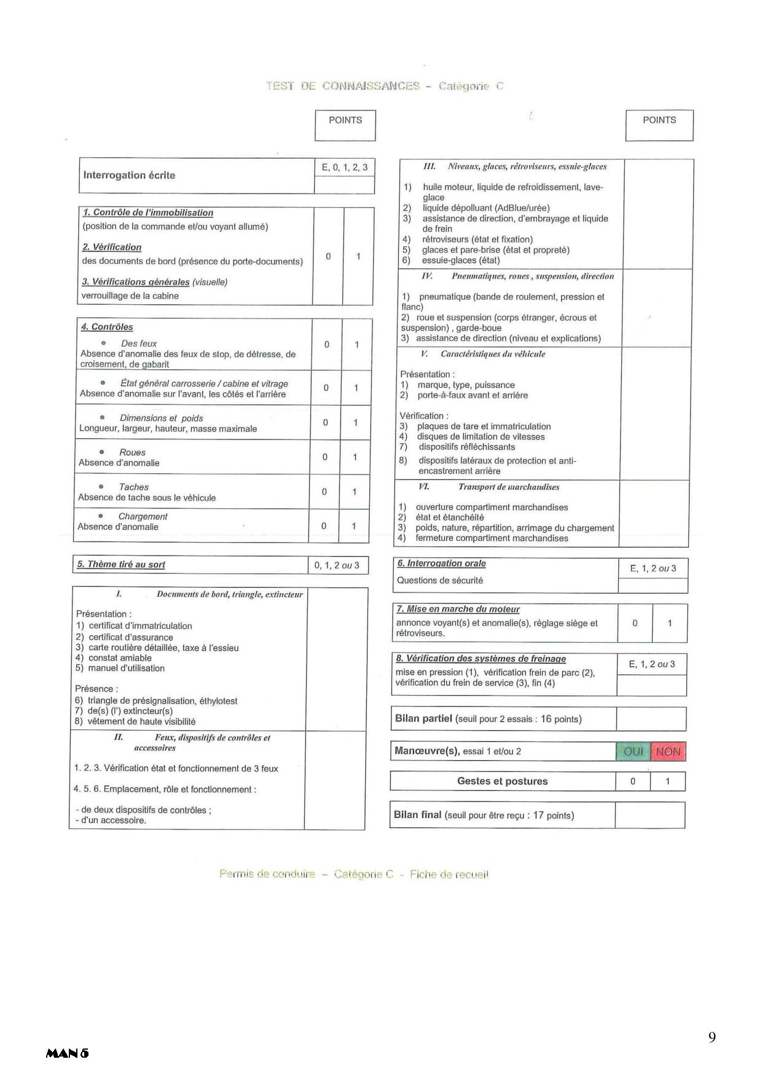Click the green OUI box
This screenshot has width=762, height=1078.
click(633, 752)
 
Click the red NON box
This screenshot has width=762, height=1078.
click(668, 752)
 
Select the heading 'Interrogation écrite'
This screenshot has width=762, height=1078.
click(129, 175)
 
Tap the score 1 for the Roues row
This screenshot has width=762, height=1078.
click(355, 457)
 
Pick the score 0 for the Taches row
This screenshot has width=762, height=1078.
click(324, 492)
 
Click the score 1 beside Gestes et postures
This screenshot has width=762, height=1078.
click(667, 782)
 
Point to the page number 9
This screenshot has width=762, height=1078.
click(712, 1038)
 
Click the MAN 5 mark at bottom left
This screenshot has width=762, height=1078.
click(67, 1053)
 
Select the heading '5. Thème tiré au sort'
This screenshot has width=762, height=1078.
click(120, 564)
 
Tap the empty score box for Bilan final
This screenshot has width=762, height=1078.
click(650, 816)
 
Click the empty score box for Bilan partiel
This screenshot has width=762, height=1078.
click(651, 719)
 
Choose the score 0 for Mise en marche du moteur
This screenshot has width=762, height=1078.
click(635, 623)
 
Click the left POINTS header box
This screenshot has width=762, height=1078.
click(345, 125)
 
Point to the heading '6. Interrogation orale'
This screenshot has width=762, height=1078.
click(441, 563)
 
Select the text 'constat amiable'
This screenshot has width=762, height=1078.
click(120, 658)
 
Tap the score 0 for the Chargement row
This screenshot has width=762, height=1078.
click(324, 526)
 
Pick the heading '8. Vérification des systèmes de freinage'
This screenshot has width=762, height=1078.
click(481, 658)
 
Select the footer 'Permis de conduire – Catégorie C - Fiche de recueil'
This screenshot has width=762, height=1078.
click(354, 874)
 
